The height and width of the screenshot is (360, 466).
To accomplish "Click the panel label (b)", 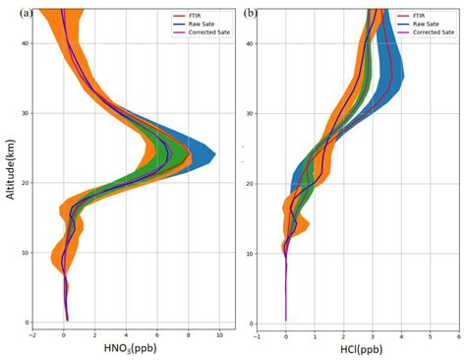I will (251, 13).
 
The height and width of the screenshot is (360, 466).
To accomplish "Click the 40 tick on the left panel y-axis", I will (27, 41).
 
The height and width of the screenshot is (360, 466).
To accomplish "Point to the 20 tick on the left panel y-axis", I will (27, 183).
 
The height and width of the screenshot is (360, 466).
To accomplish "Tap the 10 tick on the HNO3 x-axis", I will (219, 335).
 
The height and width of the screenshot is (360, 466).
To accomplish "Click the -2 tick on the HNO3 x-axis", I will (33, 335).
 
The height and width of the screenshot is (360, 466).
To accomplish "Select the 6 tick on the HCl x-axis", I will (457, 335).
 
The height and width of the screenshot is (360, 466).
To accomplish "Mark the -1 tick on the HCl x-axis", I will (258, 335).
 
